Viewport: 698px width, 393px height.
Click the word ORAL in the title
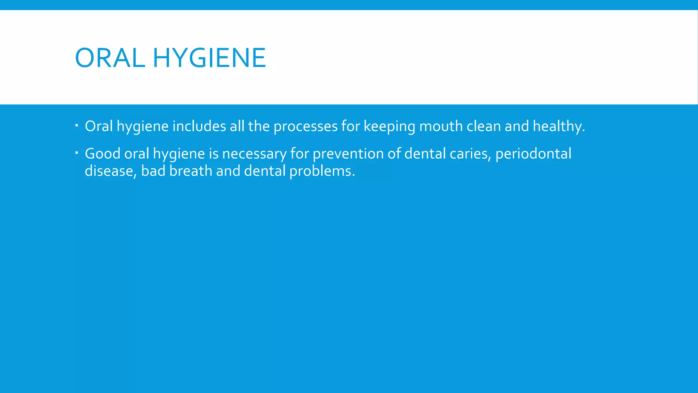110,58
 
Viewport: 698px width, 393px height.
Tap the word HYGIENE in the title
209,58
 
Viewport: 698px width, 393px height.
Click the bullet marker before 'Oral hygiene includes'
77,126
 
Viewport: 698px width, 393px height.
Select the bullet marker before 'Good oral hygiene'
77,153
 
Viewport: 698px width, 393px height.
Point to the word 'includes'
199,126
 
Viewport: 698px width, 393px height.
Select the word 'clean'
484,126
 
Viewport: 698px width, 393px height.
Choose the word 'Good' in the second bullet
103,154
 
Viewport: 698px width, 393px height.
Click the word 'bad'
153,171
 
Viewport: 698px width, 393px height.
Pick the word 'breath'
191,171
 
